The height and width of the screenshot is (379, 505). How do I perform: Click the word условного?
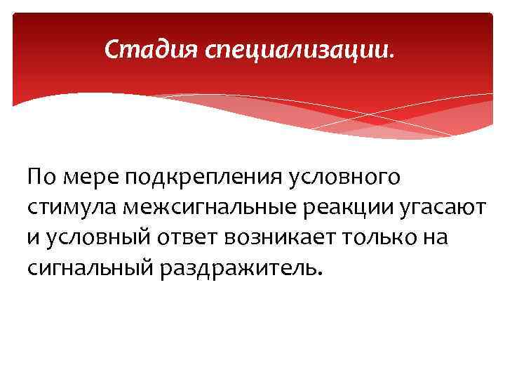tap(346, 178)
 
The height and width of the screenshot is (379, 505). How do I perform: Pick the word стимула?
tap(72, 208)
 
